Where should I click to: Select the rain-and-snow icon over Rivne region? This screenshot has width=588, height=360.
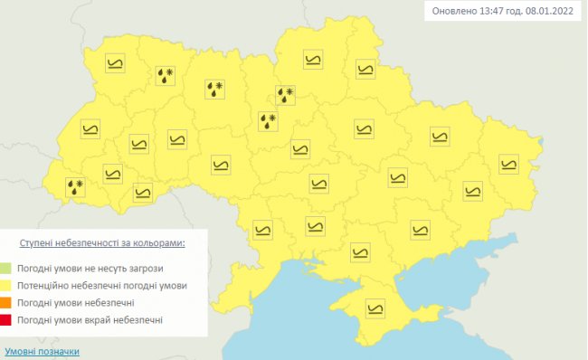[x=165, y=75]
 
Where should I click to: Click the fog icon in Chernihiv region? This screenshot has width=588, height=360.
[x=312, y=62]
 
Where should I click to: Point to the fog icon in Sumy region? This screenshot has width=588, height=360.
[x=365, y=69]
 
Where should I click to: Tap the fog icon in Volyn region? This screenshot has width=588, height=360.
[x=115, y=63]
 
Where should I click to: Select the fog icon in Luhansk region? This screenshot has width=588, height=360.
[x=508, y=164]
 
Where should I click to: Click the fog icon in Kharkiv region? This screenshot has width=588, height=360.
[x=440, y=137]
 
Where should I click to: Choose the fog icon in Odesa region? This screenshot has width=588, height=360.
[x=262, y=230]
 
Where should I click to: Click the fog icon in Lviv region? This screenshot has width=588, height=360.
[x=90, y=129]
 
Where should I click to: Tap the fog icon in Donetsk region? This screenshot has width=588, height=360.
[x=473, y=189]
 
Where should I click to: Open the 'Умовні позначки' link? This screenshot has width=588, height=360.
[x=41, y=351]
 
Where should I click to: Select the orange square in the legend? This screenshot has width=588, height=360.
[x=6, y=302]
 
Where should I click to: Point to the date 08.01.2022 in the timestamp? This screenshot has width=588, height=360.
[x=547, y=12]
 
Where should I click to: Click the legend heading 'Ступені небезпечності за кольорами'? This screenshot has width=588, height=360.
[x=103, y=243]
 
